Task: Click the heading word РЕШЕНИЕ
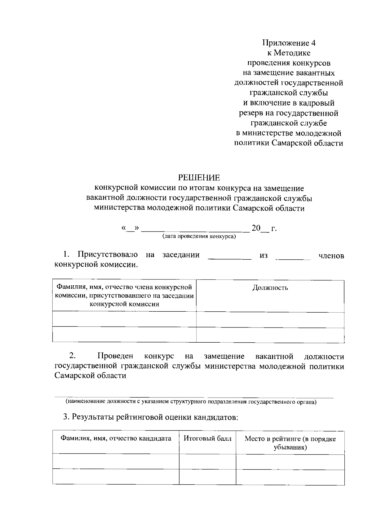pos(199,178)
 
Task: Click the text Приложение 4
pos(289,43)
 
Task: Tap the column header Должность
pos(270,288)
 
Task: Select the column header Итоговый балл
pos(207,438)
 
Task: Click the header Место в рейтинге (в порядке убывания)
pos(290,443)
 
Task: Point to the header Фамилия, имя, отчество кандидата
pos(116,438)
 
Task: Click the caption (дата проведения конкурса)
pos(199,237)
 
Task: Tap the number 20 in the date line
pos(256,228)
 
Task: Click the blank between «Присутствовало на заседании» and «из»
pos(229,256)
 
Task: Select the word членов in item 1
pos(331,256)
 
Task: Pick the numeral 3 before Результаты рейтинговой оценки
pos(65,417)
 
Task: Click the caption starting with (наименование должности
pos(191,402)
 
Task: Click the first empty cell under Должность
pos(270,319)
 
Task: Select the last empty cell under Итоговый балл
pos(207,477)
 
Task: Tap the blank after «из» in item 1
pos(293,256)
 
